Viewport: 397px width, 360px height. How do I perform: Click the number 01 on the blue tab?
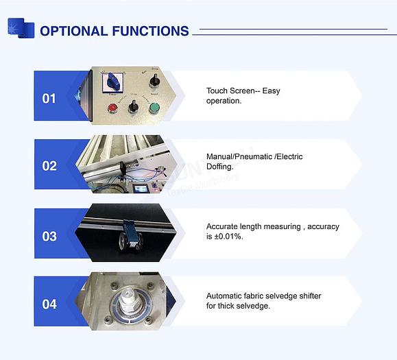coord(49,99)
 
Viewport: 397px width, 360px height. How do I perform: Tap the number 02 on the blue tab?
coord(49,166)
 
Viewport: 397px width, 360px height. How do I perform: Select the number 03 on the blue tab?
coord(49,237)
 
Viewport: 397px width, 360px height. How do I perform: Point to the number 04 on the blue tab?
coord(49,304)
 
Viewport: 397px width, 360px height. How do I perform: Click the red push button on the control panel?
coord(112,108)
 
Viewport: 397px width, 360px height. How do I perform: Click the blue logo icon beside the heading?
coord(21,28)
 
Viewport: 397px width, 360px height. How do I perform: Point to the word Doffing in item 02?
coord(221,167)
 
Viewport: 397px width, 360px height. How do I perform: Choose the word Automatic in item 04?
coord(224,296)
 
